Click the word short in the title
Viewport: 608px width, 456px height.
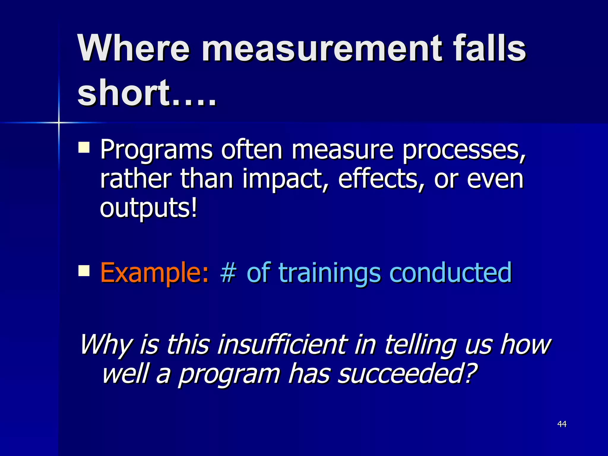click(x=123, y=93)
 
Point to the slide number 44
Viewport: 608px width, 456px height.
click(x=562, y=424)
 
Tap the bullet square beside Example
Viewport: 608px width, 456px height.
click(x=84, y=270)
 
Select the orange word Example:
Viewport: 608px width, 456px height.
click(x=155, y=273)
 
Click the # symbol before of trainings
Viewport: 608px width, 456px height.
click(x=228, y=272)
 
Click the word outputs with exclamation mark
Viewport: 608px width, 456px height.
click(x=148, y=208)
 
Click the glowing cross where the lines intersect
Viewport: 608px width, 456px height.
click(x=59, y=122)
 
